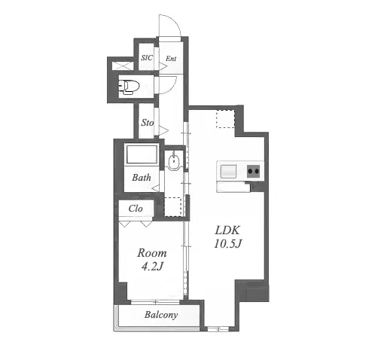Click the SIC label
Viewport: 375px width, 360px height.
(x=147, y=58)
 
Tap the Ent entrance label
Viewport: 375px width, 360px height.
(x=171, y=59)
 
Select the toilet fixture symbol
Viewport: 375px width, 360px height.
(x=129, y=87)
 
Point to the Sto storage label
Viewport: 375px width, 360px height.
(x=147, y=123)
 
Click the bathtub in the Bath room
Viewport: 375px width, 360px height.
(x=142, y=154)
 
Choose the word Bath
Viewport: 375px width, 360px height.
(x=142, y=178)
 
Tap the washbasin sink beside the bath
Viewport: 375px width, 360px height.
(x=173, y=162)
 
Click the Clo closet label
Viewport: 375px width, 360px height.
(x=136, y=209)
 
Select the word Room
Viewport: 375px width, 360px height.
(x=152, y=253)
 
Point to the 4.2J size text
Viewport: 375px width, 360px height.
(x=152, y=267)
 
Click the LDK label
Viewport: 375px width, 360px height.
(x=227, y=230)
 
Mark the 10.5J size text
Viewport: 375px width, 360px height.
(x=227, y=243)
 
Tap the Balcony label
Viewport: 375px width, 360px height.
(x=161, y=315)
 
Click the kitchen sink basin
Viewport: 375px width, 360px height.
(x=228, y=171)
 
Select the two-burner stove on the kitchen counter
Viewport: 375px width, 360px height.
(x=253, y=171)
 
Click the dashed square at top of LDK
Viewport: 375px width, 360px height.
(x=225, y=119)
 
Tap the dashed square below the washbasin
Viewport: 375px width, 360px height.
(x=172, y=207)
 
